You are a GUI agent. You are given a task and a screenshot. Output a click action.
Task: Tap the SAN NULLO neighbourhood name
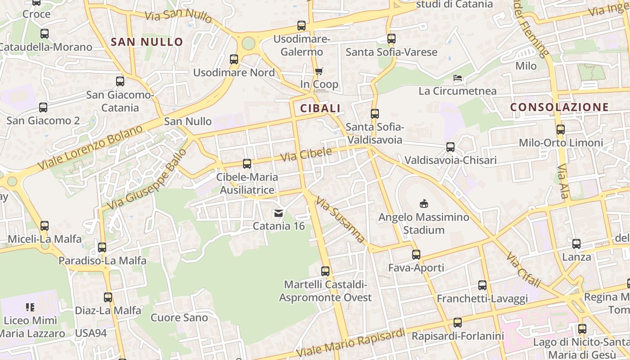[147, 42]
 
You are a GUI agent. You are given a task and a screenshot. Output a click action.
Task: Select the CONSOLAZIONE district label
[559, 107]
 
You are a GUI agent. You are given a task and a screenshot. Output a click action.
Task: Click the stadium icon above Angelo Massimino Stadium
[423, 203]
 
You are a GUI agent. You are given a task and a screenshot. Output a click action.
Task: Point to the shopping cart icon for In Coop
[319, 71]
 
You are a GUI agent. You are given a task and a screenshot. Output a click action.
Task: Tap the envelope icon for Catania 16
[279, 213]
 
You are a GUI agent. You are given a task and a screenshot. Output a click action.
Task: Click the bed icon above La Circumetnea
[458, 78]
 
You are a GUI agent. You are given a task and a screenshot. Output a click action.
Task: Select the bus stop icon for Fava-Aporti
[416, 255]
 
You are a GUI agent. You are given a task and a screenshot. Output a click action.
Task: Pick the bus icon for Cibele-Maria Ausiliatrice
[247, 164]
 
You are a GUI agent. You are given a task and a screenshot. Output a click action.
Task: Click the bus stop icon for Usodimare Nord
[234, 59]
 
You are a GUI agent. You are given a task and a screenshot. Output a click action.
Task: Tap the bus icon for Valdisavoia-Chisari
[450, 147]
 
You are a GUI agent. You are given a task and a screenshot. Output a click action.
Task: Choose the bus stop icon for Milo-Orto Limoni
[561, 130]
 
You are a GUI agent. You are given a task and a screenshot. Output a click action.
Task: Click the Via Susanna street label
[340, 220]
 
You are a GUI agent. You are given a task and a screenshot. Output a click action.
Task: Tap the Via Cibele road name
[306, 155]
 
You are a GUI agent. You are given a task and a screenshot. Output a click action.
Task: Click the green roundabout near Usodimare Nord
[248, 44]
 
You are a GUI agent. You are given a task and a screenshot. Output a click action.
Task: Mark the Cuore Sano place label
[179, 318]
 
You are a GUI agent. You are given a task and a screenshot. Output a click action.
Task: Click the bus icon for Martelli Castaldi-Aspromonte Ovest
[325, 271]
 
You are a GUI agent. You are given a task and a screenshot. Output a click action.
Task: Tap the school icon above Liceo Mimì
[30, 307]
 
